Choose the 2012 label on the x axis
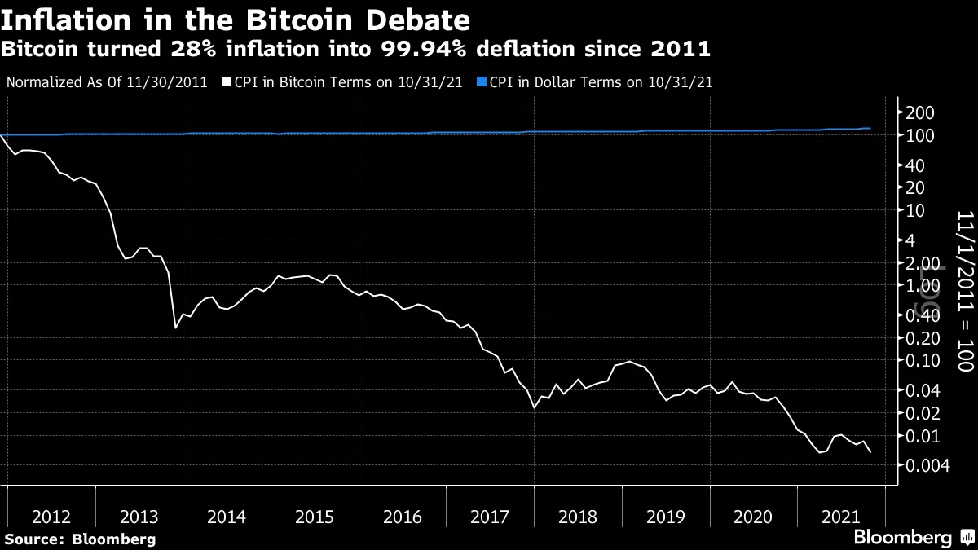pos(51,517)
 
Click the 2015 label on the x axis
pos(315,517)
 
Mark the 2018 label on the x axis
pos(578,517)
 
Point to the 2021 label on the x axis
pos(840,517)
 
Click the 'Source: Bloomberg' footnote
pos(80,539)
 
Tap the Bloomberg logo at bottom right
pos(913,538)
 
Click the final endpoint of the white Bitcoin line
pos(870,451)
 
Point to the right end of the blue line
pos(870,128)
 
